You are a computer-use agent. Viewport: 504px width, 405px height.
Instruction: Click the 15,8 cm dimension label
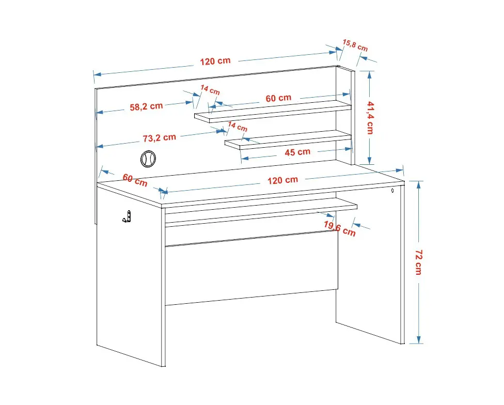point(355,45)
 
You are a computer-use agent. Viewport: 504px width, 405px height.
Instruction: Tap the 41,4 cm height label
point(370,118)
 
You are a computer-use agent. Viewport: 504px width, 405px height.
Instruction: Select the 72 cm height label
point(418,262)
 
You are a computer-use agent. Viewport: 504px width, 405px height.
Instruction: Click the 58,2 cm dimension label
point(146,106)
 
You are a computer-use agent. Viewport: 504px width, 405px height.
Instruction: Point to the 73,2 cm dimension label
point(160,138)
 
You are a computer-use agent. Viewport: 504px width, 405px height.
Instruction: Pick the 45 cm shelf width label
point(297,152)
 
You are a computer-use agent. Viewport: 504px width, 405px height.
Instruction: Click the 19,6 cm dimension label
point(340,228)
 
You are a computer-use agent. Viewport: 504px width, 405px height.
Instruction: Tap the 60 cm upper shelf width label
point(278,98)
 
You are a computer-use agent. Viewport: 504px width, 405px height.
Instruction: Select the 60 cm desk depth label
point(135,180)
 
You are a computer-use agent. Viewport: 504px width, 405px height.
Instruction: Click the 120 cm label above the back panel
point(215,61)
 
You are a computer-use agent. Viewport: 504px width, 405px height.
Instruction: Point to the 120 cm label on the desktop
point(283,180)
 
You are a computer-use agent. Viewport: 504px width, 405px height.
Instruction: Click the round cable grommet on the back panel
point(148,159)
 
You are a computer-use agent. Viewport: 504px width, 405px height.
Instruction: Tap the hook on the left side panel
point(127,216)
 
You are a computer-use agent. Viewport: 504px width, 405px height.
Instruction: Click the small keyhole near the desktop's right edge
point(392,191)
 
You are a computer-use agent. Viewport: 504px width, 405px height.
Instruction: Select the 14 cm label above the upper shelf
point(210,90)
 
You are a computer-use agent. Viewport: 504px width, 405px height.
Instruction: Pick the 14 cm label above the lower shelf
point(238,127)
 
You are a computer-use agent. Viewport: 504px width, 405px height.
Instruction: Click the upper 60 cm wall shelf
point(273,111)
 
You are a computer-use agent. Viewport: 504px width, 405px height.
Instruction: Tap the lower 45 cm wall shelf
point(288,139)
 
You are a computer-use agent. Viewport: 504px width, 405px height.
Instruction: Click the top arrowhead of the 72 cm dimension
point(418,184)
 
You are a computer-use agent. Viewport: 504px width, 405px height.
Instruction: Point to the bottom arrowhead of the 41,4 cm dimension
point(370,161)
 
